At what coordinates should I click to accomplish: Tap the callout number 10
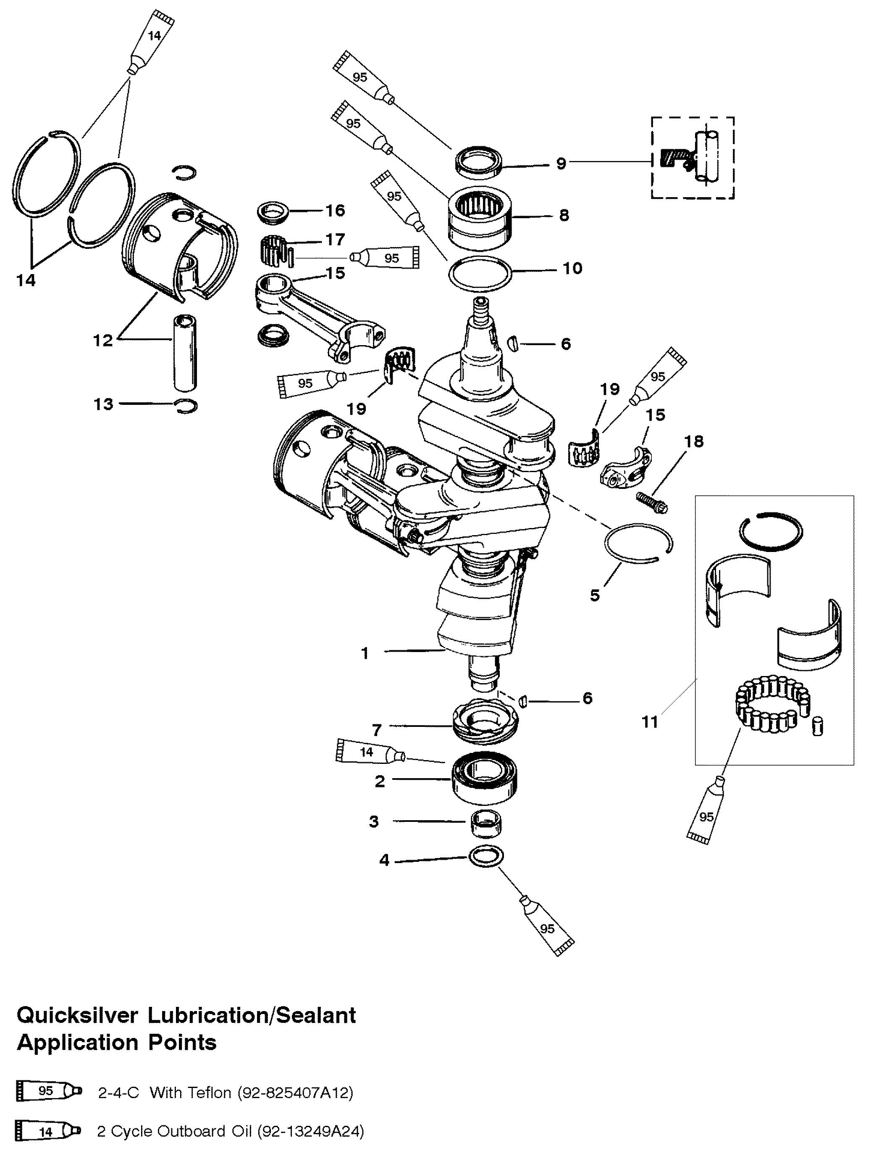572,268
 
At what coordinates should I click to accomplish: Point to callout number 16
335,210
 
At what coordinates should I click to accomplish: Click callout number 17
335,240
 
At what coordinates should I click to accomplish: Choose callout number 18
694,441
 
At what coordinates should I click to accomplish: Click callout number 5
595,595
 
